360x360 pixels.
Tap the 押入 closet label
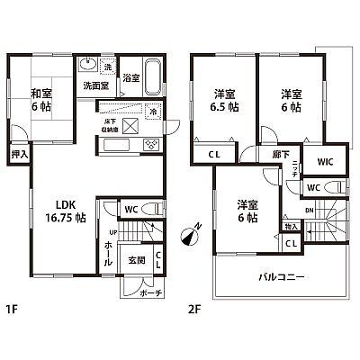click(20, 155)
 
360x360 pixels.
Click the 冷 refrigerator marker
click(153, 112)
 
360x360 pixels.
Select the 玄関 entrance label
click(137, 259)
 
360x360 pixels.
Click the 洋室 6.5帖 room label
click(224, 100)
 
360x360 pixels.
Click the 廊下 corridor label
click(280, 156)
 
